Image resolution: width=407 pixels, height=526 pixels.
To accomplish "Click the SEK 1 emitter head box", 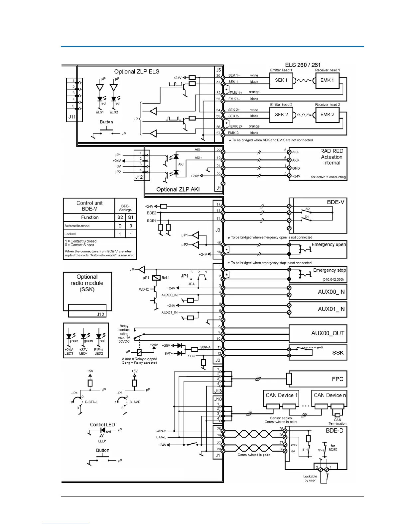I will click(x=281, y=80).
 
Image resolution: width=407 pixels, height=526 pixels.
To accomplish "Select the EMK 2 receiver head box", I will click(x=327, y=115).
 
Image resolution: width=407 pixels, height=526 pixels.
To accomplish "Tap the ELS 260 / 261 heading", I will click(x=303, y=65).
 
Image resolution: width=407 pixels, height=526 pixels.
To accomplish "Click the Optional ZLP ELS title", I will click(x=137, y=72).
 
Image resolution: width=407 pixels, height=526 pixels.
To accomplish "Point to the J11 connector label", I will click(x=72, y=117).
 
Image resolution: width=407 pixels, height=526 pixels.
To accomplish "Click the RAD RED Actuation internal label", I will click(x=332, y=157).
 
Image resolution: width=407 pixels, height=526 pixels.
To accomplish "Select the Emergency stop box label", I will click(x=329, y=270).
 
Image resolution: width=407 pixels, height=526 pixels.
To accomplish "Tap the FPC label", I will click(x=337, y=379).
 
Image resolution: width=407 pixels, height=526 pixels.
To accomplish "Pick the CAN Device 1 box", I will click(x=281, y=395).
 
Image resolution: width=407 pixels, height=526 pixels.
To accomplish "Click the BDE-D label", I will click(x=334, y=431).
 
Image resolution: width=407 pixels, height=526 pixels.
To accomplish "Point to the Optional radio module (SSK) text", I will click(x=87, y=283).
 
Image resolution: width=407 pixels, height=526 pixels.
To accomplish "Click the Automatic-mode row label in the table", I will click(x=77, y=226).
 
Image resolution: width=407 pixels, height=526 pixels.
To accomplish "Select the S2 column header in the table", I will click(x=120, y=218).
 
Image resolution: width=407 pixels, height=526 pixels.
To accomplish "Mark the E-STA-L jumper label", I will click(x=91, y=402).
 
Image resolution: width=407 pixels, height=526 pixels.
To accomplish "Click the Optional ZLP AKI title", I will click(x=178, y=190).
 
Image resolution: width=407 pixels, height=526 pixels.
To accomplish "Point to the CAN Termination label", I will click(x=337, y=422).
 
